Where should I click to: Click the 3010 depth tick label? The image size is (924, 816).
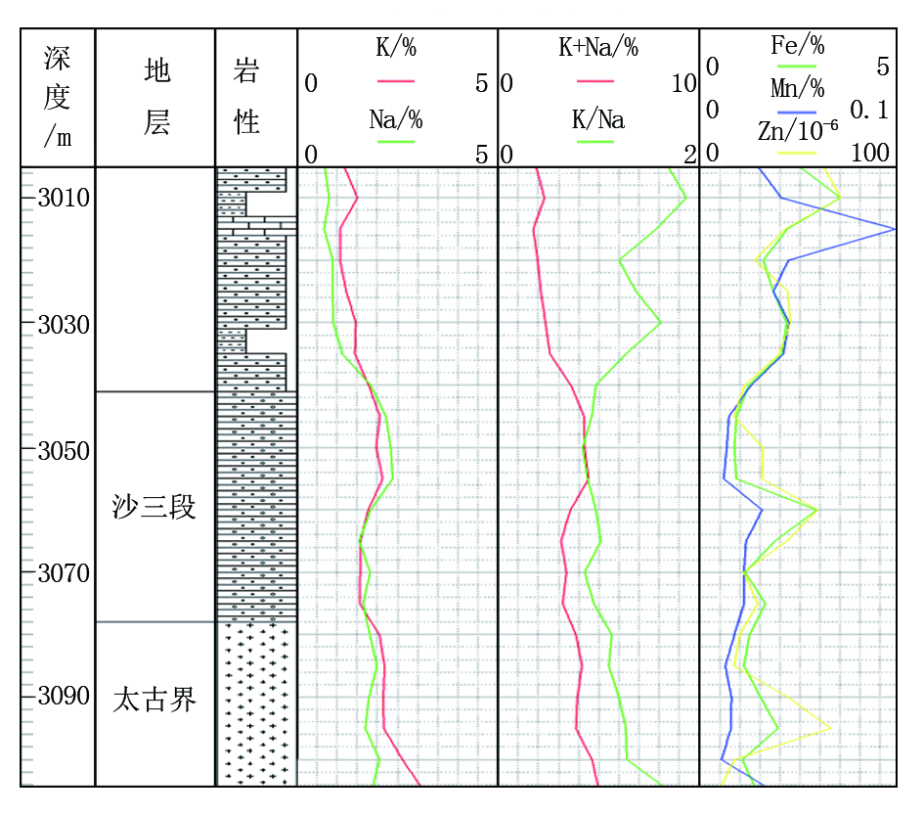[64, 198]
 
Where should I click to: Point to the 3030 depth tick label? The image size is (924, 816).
[64, 324]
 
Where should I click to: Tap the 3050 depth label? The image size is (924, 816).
[64, 451]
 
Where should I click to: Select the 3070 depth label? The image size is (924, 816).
[64, 573]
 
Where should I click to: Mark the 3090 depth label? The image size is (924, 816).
[64, 696]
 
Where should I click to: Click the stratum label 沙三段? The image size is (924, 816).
[154, 507]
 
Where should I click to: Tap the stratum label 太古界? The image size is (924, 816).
[154, 700]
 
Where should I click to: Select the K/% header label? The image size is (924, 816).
[396, 47]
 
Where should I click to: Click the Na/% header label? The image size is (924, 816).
[396, 119]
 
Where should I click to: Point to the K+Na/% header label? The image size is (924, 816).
[598, 47]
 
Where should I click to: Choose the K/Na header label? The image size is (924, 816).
[598, 119]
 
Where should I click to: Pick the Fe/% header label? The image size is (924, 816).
[797, 45]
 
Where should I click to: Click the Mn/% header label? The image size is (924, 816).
[797, 88]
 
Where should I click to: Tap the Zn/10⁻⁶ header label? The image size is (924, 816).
[797, 131]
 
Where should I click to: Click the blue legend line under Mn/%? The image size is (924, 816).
[797, 112]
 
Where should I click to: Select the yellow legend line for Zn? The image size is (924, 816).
[797, 154]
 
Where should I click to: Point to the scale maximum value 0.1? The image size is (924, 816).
[869, 110]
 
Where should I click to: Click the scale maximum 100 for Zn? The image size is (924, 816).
[870, 153]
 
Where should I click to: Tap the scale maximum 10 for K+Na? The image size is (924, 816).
[684, 84]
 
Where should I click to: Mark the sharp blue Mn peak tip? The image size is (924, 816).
[895, 229]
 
